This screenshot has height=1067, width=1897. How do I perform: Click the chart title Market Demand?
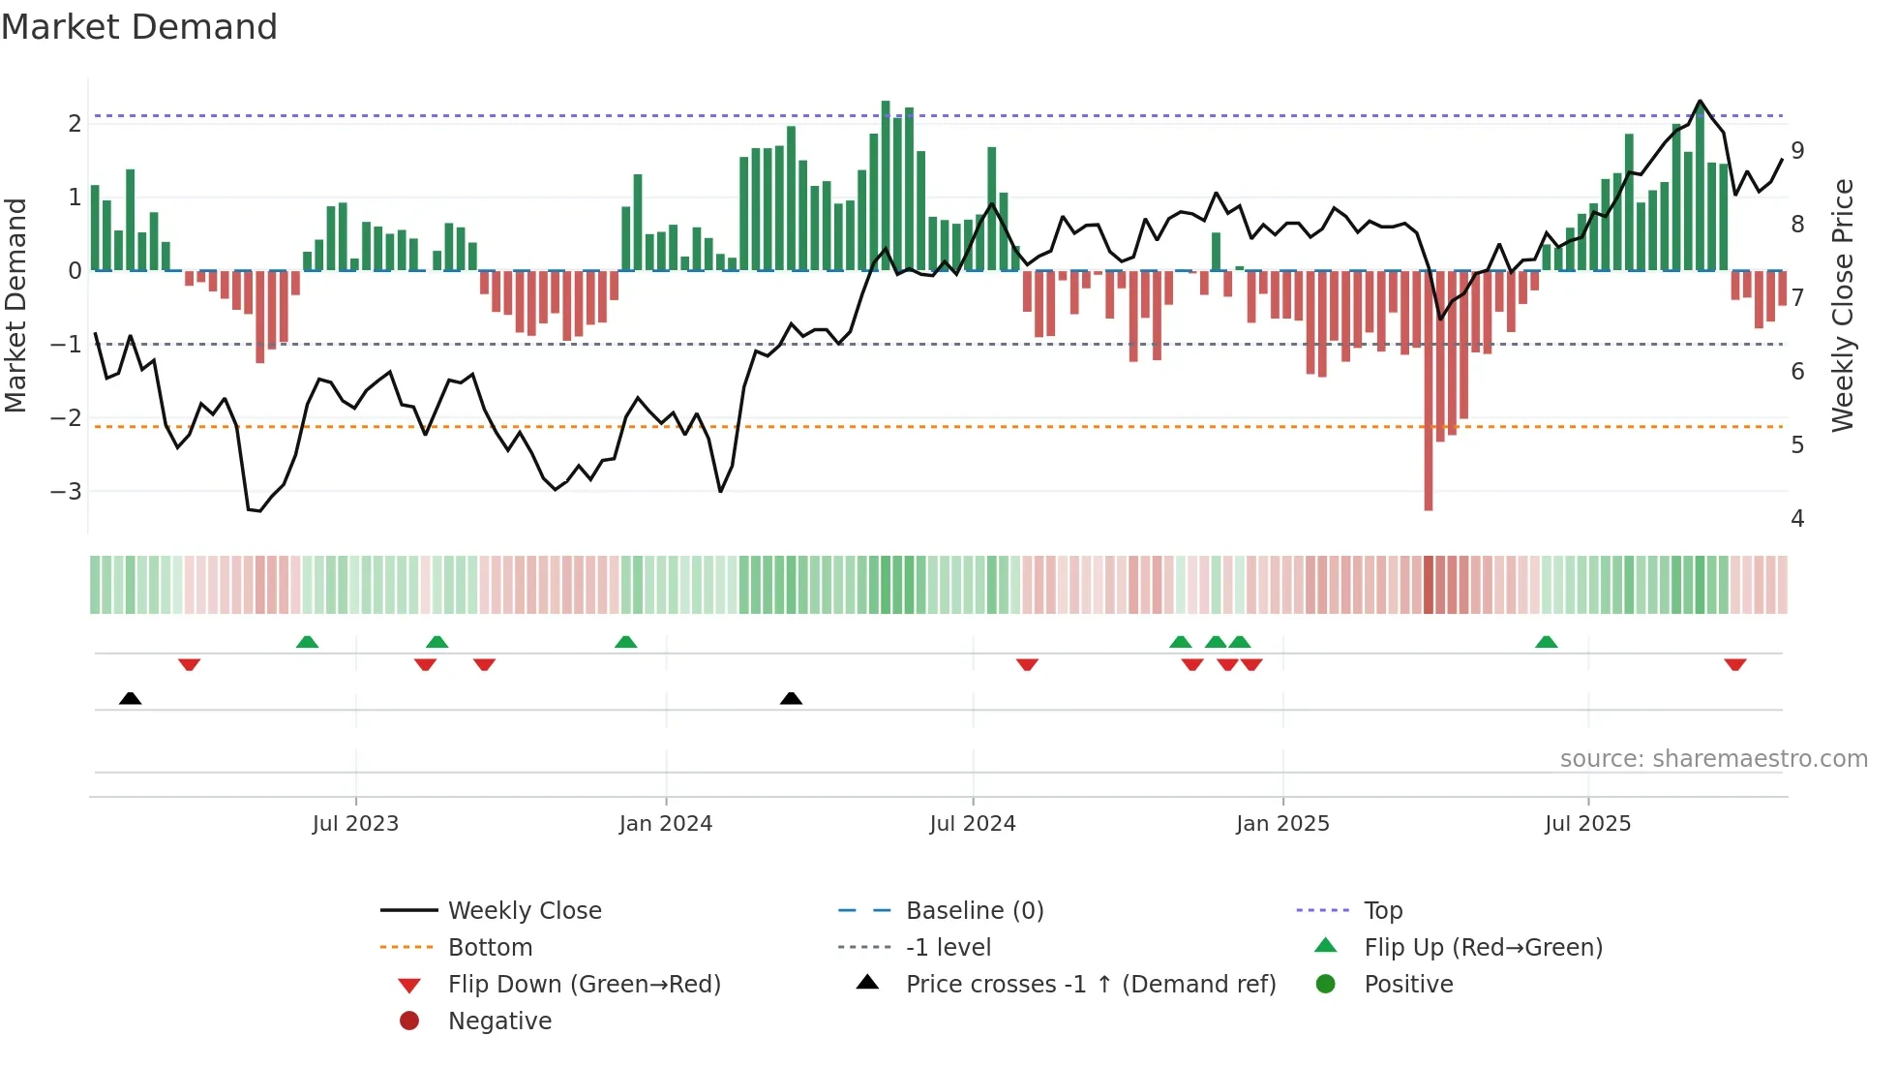point(139,27)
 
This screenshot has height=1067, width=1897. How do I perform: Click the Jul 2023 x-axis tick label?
point(355,824)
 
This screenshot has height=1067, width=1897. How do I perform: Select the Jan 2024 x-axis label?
point(666,824)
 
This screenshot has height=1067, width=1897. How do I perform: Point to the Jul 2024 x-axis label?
point(973,824)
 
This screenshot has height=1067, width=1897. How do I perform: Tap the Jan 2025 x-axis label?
point(1282,824)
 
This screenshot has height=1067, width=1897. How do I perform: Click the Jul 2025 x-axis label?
point(1588,824)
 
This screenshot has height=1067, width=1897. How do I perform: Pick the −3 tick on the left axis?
point(67,492)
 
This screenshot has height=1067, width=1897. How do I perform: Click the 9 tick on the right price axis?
point(1797,151)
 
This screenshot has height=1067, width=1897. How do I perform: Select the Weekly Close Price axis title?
point(1843,305)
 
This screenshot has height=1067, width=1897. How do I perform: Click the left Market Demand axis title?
point(16,305)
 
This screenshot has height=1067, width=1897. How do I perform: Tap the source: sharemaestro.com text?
point(1713,759)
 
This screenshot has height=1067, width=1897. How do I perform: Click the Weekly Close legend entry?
point(525,911)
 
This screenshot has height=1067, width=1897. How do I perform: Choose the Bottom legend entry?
point(490,948)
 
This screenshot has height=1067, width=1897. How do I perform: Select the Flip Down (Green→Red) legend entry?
point(584,985)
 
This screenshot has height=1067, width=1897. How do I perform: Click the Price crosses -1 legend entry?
point(1091,985)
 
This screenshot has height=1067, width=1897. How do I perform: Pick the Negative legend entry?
point(499,1021)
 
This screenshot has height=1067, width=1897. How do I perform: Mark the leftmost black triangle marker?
point(131,698)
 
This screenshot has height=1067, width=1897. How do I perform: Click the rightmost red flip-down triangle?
point(1734,665)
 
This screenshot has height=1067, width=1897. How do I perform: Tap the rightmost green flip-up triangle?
point(1547,642)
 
